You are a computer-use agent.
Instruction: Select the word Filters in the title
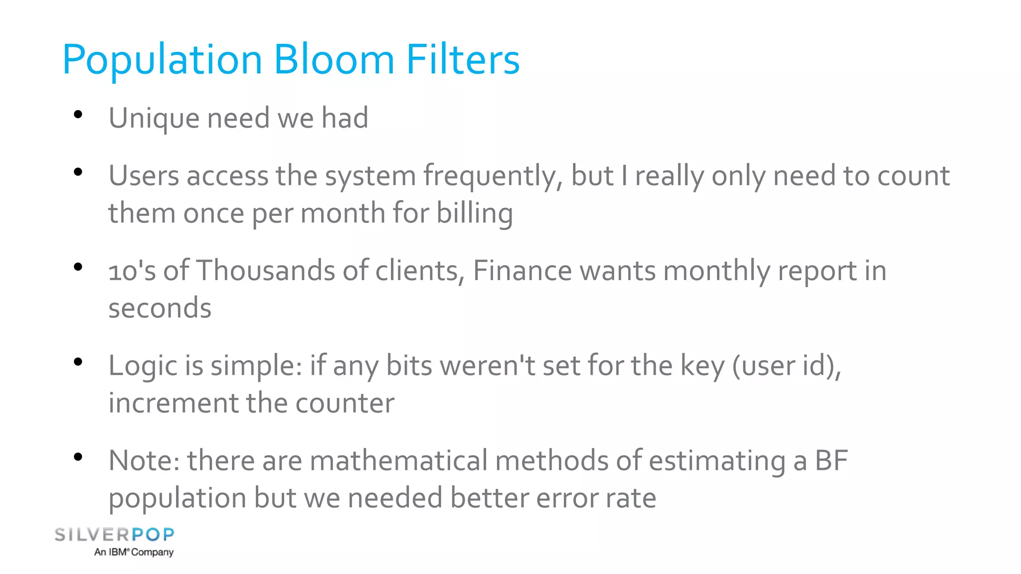click(463, 60)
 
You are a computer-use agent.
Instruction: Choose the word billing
click(475, 213)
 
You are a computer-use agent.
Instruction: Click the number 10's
click(132, 271)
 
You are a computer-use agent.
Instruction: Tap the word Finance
click(522, 271)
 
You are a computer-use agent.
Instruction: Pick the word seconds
click(160, 308)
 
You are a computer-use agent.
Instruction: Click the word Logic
click(143, 366)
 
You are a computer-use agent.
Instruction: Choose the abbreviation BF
click(831, 460)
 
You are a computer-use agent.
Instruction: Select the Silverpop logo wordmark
click(114, 535)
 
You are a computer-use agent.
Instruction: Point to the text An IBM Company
click(134, 552)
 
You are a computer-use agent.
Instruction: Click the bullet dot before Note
click(78, 457)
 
